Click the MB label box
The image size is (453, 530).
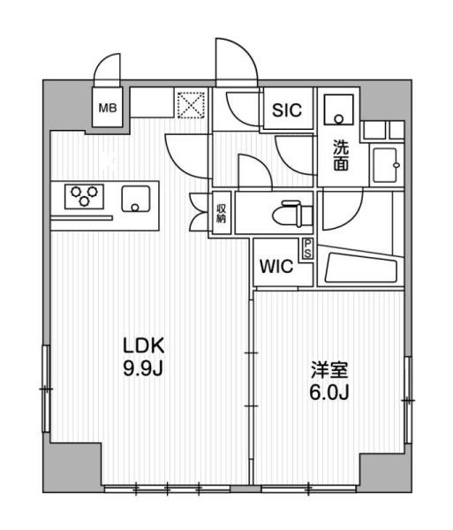click(108, 109)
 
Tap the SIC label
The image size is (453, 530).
click(286, 110)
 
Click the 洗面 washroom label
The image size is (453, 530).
click(340, 155)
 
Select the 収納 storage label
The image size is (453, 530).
click(222, 214)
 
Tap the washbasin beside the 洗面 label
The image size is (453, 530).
click(386, 163)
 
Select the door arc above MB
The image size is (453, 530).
click(109, 71)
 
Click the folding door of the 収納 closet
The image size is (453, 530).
click(198, 213)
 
